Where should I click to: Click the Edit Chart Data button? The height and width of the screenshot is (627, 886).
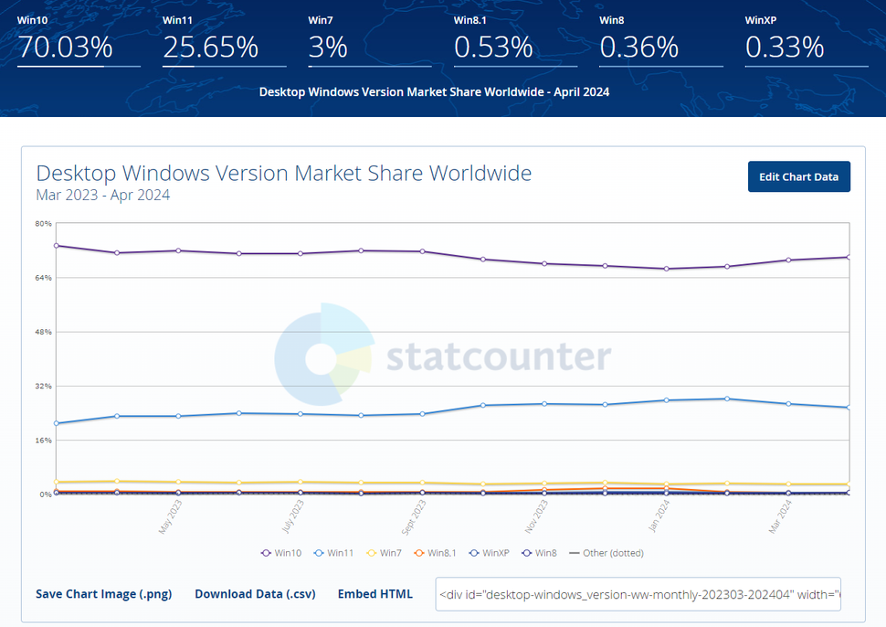[x=798, y=176]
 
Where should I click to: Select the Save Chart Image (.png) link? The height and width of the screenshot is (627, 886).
[x=103, y=594]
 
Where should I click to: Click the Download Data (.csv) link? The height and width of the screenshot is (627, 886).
[x=255, y=594]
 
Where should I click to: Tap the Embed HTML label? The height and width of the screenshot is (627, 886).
[x=374, y=594]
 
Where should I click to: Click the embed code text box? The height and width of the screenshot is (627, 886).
[x=638, y=594]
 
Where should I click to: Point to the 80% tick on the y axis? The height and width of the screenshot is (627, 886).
[x=43, y=224]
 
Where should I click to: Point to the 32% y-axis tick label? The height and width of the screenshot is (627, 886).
[x=43, y=386]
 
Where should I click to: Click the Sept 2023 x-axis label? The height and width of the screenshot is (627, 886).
[x=412, y=516]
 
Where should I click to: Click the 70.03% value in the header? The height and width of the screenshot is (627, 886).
[x=65, y=48]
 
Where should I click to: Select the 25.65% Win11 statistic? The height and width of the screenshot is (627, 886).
[x=210, y=48]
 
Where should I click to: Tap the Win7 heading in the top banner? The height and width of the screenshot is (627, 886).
[x=321, y=19]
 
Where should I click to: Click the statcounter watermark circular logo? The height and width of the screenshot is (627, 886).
[x=323, y=358]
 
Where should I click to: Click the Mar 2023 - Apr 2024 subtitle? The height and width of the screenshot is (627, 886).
[x=102, y=195]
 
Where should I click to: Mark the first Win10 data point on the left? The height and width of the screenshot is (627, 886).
[x=57, y=245]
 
